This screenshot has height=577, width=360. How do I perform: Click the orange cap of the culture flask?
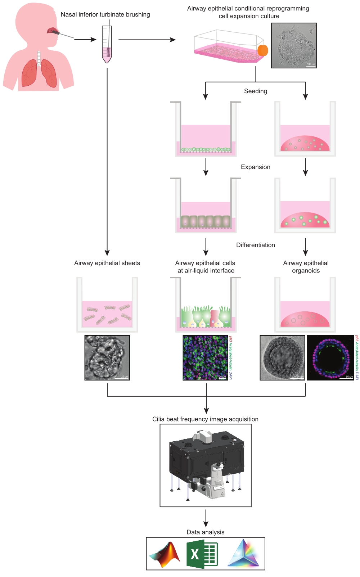tap(263, 50)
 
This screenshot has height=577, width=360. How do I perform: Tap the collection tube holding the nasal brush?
tap(107, 45)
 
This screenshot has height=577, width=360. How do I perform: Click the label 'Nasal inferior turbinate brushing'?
tap(105, 14)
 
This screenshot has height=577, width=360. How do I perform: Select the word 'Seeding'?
tap(256, 91)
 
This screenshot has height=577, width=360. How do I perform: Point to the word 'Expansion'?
tap(256, 167)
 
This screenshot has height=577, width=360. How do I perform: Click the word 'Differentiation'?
tap(256, 245)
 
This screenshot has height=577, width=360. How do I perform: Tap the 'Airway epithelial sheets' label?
tap(107, 263)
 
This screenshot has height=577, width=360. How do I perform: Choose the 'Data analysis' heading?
tap(206, 532)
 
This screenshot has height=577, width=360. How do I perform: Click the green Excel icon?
tap(202, 554)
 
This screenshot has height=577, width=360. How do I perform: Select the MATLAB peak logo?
tap(165, 554)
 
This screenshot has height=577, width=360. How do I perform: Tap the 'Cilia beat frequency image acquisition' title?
tap(205, 419)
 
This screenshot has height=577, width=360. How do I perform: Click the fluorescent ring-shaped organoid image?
tap(330, 357)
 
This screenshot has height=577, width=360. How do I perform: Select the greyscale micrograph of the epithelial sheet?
tap(107, 357)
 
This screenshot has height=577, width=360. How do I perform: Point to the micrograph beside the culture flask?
tap(294, 45)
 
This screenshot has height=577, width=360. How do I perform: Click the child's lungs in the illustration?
tap(39, 74)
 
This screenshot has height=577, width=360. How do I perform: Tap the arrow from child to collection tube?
tap(85, 39)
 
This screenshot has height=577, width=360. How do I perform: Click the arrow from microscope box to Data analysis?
tap(206, 518)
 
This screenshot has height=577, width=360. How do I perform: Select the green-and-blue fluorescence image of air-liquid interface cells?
tap(205, 357)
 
